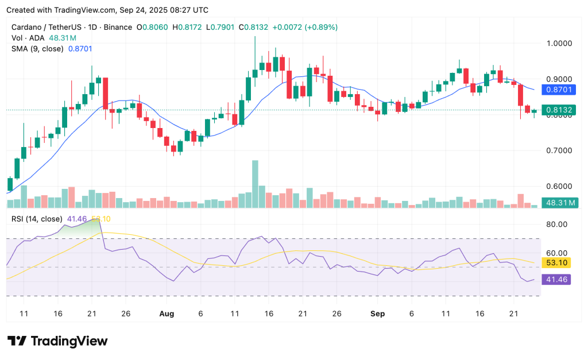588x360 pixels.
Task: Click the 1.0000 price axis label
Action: click(x=559, y=43)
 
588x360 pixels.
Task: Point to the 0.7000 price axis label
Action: click(x=559, y=150)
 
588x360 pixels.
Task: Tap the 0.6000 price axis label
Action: click(x=559, y=187)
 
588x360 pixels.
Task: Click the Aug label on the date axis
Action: click(x=167, y=314)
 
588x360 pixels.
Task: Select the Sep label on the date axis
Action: click(x=377, y=314)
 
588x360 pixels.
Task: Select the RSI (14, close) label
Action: click(x=36, y=219)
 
